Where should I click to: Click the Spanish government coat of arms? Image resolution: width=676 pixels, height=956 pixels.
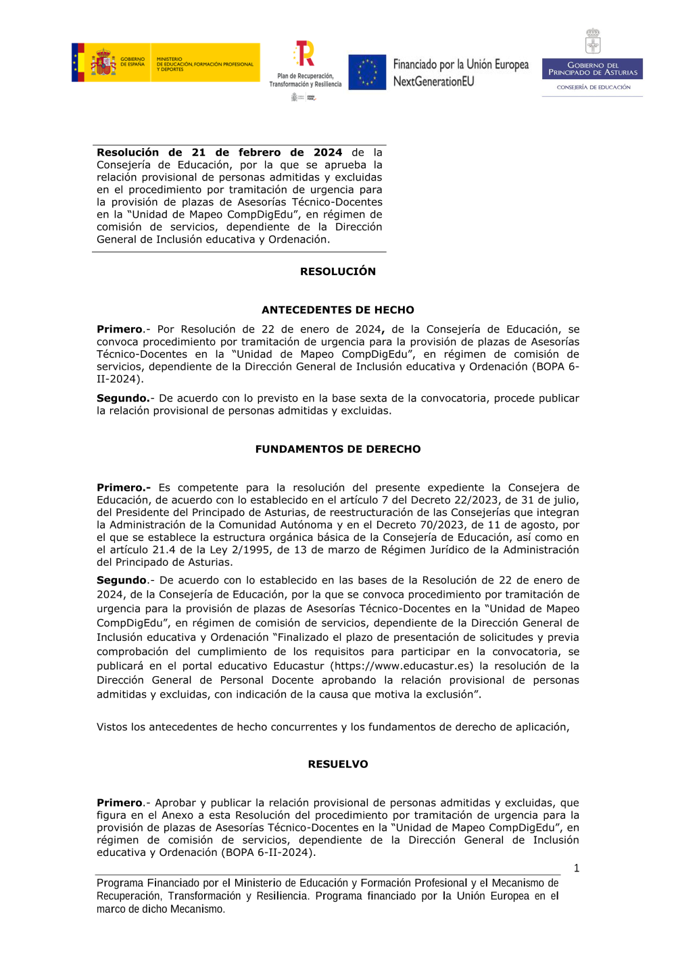click(x=103, y=63)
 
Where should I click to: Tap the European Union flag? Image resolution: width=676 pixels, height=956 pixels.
click(x=367, y=72)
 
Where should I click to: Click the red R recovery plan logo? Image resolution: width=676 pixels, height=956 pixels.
click(x=305, y=53)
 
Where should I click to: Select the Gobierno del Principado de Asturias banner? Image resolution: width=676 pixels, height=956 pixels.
click(x=592, y=69)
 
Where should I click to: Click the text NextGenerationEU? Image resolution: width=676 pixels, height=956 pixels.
click(x=433, y=82)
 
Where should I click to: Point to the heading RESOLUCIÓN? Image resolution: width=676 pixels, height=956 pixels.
click(x=338, y=271)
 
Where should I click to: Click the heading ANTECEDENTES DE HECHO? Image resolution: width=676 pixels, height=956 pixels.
click(x=338, y=310)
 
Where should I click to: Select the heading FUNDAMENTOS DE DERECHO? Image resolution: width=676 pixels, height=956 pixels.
click(x=338, y=449)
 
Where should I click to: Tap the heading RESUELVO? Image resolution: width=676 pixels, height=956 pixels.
click(x=338, y=764)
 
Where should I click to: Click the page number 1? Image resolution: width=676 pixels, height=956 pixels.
click(x=577, y=868)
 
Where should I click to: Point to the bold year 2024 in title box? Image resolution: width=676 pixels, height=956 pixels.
click(x=328, y=153)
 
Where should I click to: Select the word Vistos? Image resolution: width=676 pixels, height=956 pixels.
click(x=112, y=727)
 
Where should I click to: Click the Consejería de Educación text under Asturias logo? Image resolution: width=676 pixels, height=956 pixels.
click(x=594, y=87)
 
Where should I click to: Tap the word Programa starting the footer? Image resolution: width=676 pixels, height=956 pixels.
click(x=120, y=883)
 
